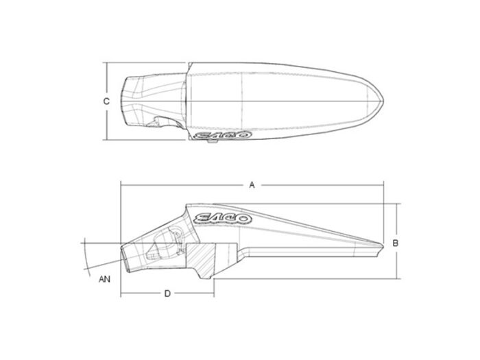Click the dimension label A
point(252,185)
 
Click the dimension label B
point(396,243)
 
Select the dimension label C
point(106,101)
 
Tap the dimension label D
point(167,294)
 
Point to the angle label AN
point(104,279)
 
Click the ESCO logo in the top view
point(223,134)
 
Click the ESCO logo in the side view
point(223,218)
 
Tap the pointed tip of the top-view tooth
point(383,101)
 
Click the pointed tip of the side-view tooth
point(383,245)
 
